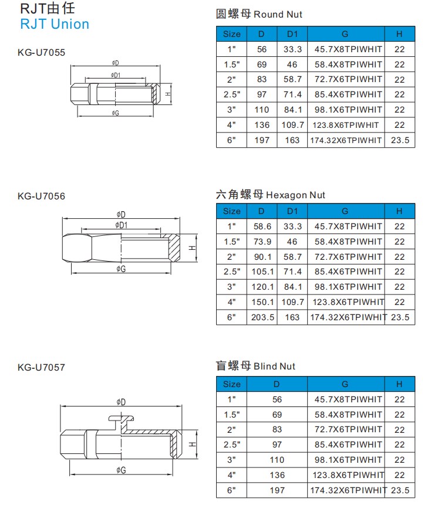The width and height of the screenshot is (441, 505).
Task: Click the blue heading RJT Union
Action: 55,24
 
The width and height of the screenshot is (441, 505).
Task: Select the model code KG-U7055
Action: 41,53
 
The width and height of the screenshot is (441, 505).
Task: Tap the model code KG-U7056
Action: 41,196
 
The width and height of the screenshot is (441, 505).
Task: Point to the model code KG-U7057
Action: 41,367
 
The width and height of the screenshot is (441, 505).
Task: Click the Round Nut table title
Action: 259,14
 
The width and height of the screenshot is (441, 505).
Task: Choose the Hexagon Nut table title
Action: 271,195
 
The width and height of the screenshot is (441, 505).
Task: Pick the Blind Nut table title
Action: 255,366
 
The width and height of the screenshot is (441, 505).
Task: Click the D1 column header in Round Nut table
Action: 292,34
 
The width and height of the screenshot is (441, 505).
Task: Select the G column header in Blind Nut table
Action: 345,384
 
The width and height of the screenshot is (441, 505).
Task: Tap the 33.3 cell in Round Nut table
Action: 292,49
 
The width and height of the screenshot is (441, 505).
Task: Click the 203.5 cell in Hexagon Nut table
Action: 262,317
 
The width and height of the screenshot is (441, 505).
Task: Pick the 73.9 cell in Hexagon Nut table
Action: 262,242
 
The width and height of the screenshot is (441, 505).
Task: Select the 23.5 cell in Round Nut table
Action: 400,140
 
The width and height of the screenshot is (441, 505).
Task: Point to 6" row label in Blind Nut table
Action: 231,490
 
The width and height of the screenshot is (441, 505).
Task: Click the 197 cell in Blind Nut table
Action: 277,490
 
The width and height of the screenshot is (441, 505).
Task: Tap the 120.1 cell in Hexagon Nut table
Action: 262,287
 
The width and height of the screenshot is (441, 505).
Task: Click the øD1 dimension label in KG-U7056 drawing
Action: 121,225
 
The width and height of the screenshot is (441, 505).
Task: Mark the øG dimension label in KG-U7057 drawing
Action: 121,470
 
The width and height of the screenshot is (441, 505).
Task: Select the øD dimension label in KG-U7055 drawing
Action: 116,63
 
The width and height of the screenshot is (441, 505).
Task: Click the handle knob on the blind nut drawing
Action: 121,419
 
